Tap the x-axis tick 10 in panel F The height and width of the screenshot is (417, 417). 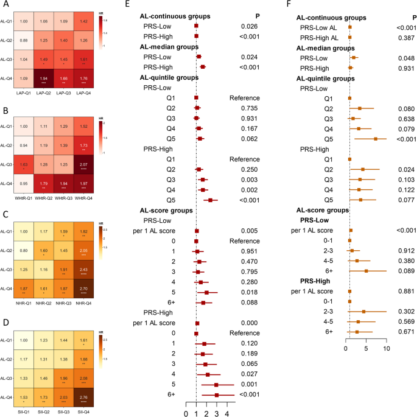point(387,349)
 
